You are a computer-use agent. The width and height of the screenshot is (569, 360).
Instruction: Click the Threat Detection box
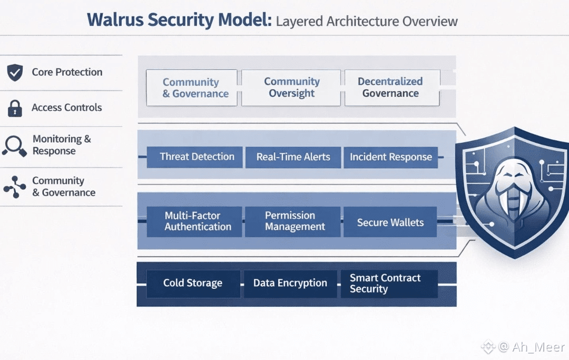click(194, 157)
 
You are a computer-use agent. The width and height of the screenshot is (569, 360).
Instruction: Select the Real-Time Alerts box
click(293, 157)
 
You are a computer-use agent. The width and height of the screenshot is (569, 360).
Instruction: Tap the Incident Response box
click(391, 157)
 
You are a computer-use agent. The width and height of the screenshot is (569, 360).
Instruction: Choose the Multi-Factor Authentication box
click(194, 222)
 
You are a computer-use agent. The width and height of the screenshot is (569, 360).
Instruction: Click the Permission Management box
click(293, 222)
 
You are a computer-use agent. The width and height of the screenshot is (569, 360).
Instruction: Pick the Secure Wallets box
click(390, 222)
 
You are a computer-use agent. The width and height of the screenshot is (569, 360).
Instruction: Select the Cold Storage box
click(193, 284)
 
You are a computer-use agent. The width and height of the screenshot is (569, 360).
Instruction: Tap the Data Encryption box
click(290, 284)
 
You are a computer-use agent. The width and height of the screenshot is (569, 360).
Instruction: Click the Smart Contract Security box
click(389, 284)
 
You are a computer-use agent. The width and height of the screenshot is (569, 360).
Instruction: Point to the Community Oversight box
click(291, 88)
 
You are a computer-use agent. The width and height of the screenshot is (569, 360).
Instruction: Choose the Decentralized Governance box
click(393, 88)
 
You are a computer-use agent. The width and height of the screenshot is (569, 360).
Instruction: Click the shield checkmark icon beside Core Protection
click(15, 72)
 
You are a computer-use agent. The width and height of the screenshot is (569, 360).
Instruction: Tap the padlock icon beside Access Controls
click(15, 108)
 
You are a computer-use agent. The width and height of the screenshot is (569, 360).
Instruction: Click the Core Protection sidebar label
click(67, 72)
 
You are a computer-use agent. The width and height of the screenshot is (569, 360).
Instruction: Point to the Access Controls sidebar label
click(67, 108)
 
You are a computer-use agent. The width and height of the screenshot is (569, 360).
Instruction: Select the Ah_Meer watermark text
click(538, 347)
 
